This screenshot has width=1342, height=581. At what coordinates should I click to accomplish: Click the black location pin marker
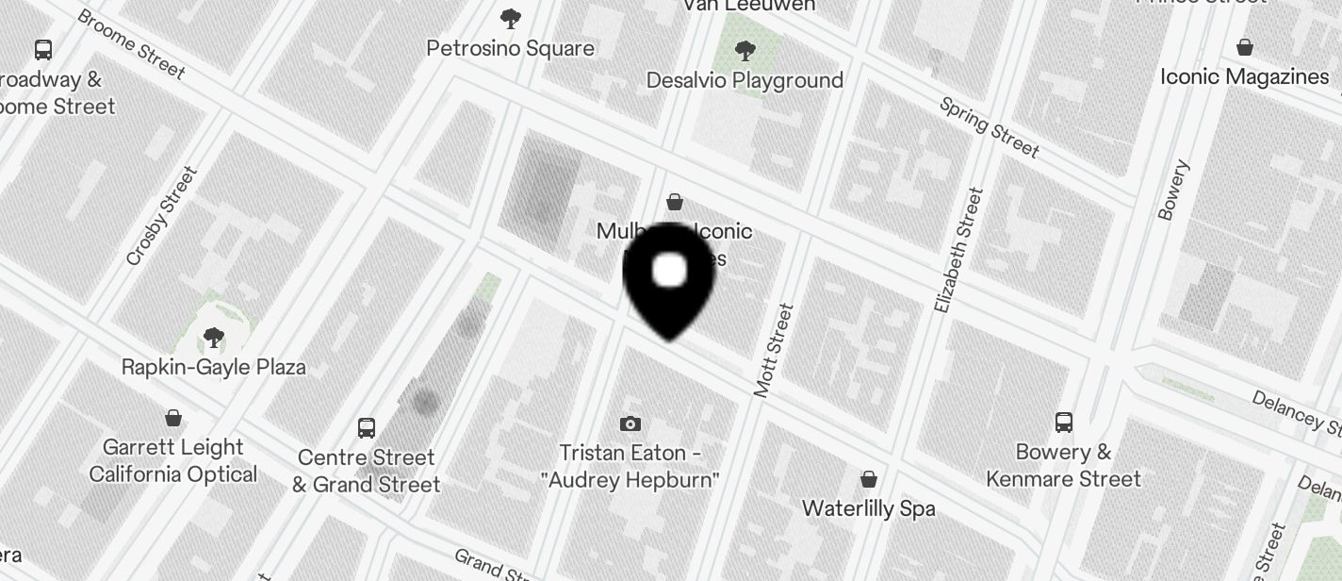(x=669, y=278)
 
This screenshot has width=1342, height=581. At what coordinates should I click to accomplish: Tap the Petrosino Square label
(x=510, y=48)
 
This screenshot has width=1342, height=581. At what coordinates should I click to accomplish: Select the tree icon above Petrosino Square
(x=511, y=18)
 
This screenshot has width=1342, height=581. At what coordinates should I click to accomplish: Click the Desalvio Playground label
(x=745, y=80)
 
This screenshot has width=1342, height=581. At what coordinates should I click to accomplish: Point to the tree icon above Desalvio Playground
(x=745, y=50)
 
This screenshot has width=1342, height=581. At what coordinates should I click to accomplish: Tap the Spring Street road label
(x=990, y=126)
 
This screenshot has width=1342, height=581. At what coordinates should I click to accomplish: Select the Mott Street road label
(x=775, y=350)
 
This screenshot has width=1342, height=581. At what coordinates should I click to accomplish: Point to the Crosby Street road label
(x=161, y=216)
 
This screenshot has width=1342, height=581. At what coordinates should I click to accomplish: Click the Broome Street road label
(x=131, y=43)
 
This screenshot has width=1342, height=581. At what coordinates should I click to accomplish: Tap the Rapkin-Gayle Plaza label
(x=214, y=367)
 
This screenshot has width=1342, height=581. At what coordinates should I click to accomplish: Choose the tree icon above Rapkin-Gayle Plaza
(x=214, y=338)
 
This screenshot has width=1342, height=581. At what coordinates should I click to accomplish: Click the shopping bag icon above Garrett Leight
(x=173, y=417)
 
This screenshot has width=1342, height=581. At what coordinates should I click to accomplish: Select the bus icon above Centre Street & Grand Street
(x=367, y=428)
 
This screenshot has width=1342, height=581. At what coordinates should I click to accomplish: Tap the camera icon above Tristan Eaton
(x=630, y=424)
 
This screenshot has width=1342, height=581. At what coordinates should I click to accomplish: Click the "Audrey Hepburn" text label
(x=630, y=480)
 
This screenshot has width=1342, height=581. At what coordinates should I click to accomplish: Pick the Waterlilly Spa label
(x=868, y=508)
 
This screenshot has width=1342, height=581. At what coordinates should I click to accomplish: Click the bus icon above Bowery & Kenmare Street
(x=1064, y=422)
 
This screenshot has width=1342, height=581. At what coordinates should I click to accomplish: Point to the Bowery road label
(x=1173, y=191)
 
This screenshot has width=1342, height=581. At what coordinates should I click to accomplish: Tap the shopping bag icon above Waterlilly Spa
(x=869, y=479)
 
